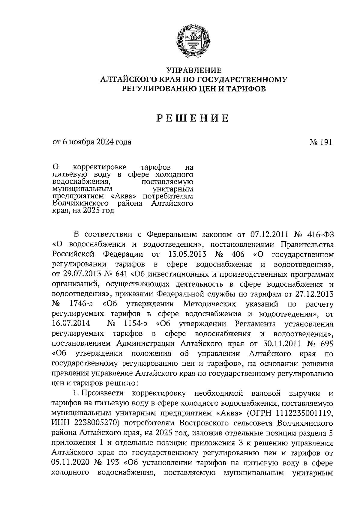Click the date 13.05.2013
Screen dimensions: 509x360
[185, 255]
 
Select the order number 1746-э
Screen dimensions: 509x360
[81, 304]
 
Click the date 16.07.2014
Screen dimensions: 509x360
[71, 324]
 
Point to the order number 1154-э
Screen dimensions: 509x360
[135, 324]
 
